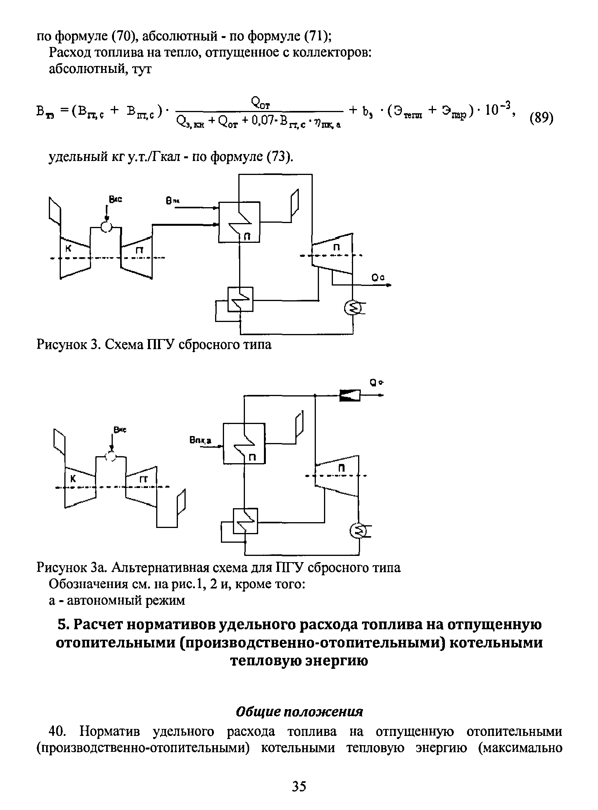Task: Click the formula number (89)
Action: tap(541, 117)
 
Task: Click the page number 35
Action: tap(299, 786)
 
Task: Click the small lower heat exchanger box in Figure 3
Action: tap(240, 299)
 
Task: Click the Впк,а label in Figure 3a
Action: tap(202, 440)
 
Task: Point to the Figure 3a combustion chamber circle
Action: tap(111, 457)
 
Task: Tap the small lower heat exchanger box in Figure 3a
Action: tap(245, 521)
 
